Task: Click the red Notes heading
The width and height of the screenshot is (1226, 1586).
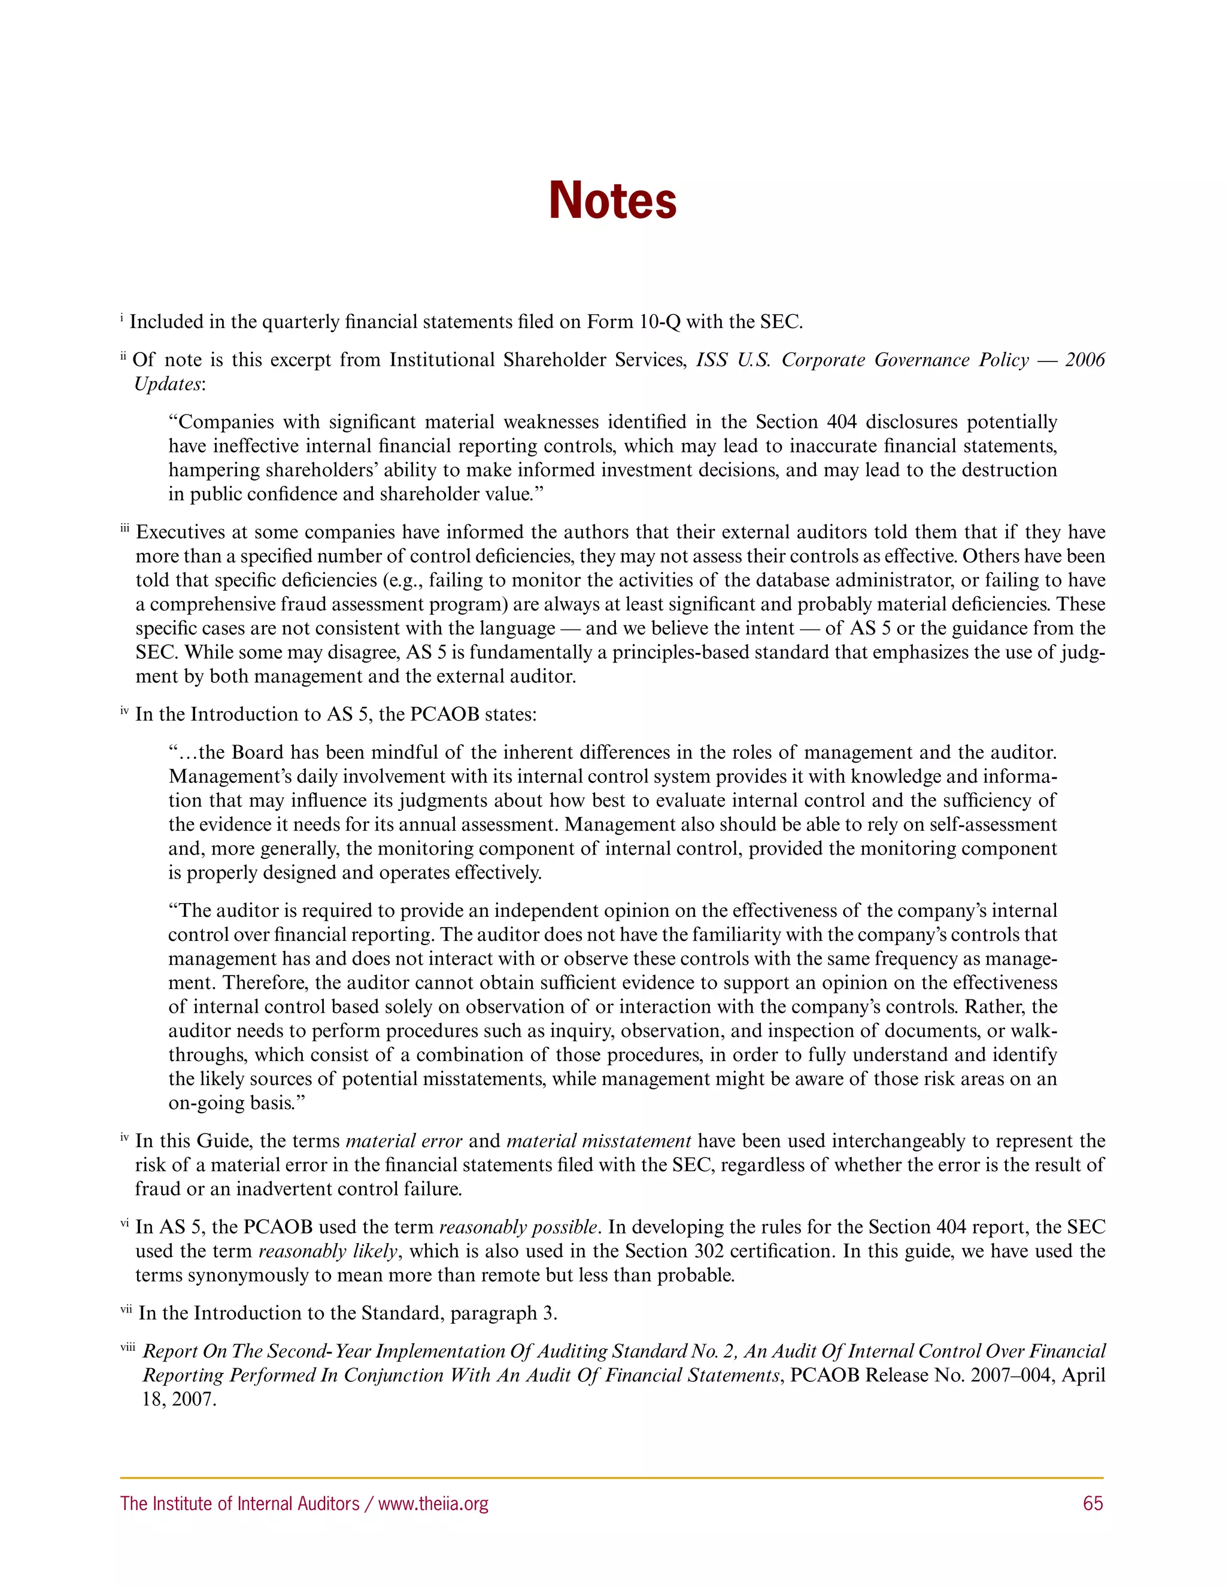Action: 612,200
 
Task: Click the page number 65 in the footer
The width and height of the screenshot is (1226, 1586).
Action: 1093,1503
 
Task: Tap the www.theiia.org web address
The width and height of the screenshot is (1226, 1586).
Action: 433,1503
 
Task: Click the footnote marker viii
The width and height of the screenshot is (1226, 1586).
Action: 128,1348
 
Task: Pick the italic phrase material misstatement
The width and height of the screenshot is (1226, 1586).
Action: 599,1141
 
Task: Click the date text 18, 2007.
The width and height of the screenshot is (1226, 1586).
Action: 178,1399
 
